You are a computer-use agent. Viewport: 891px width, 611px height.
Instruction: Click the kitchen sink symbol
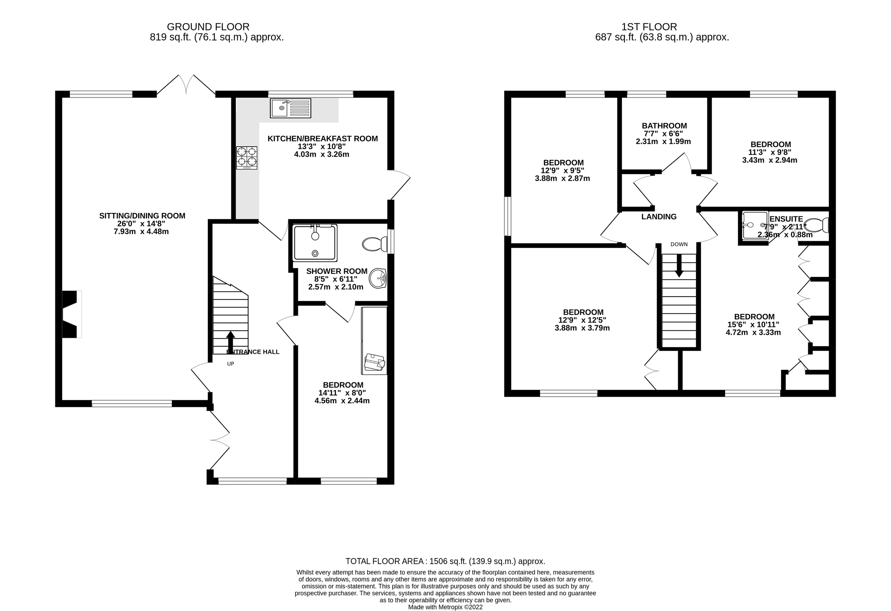point(290,108)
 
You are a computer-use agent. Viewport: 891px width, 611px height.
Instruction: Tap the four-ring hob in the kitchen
point(247,157)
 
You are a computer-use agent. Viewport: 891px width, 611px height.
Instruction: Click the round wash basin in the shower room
point(378,278)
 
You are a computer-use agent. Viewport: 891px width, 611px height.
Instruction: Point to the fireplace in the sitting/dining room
point(72,314)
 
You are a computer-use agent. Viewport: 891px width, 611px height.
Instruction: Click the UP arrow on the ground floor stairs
point(231,342)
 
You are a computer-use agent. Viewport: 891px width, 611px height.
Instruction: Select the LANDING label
point(659,216)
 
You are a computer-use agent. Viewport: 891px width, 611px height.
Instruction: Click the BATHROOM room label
point(665,126)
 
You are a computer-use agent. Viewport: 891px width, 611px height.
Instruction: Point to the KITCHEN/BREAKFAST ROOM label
point(323,139)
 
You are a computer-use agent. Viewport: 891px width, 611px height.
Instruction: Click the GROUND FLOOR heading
point(208,27)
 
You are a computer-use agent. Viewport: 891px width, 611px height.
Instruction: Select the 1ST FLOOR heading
point(649,27)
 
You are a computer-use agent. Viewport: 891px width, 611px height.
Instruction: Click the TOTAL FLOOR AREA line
point(445,561)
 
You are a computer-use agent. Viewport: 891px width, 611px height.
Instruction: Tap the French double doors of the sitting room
point(186,85)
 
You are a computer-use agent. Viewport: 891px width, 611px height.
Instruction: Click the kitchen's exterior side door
point(400,185)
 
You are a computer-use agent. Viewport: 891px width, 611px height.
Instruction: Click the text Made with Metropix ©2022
point(445,607)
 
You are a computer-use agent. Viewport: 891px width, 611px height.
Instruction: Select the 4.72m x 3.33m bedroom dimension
point(753,332)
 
